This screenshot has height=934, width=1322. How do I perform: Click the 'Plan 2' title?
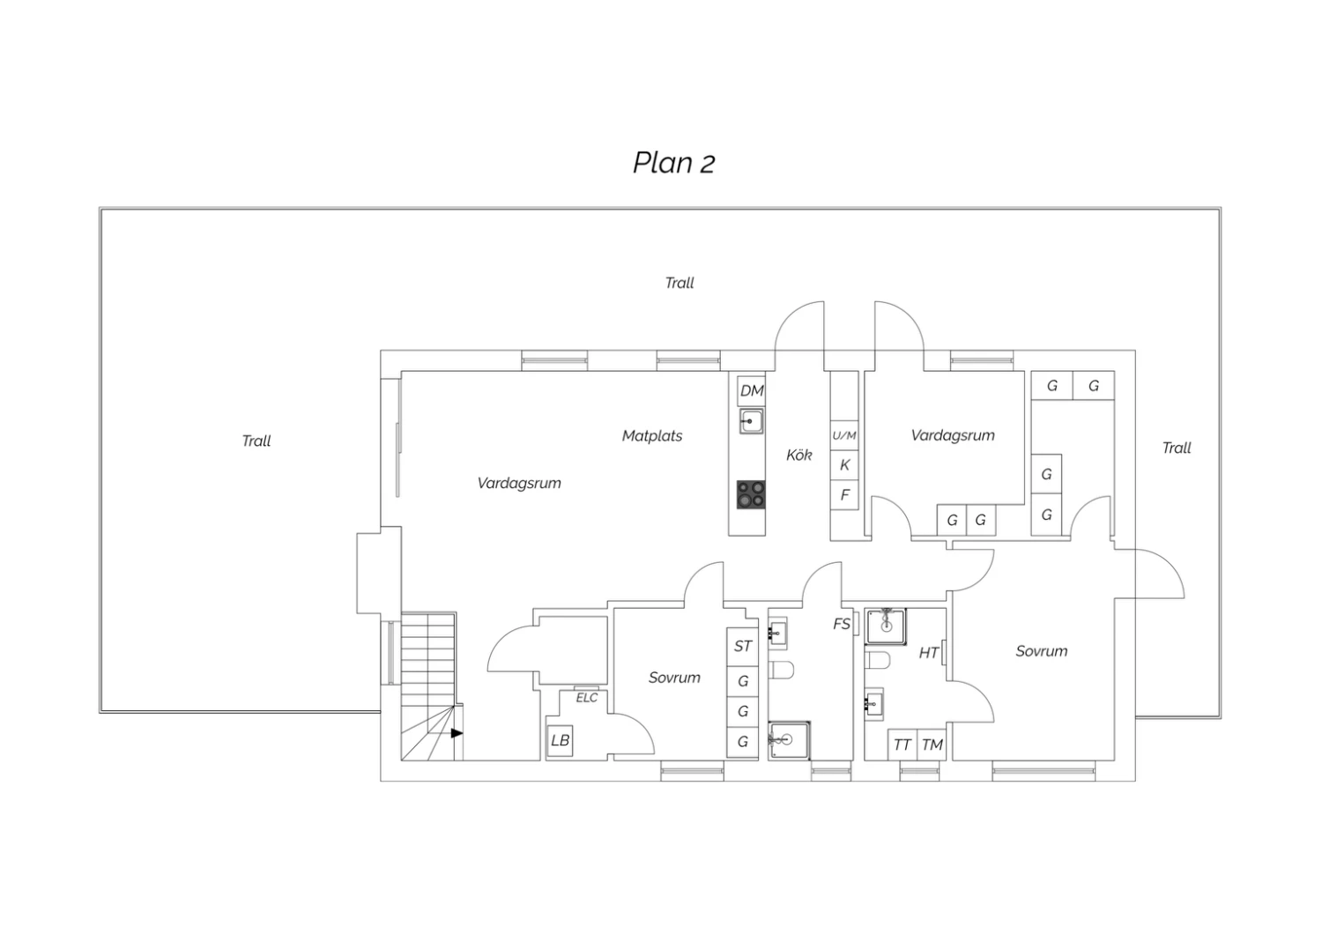[674, 163]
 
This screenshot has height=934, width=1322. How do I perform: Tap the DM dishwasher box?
[751, 390]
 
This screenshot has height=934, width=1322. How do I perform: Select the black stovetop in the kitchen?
[751, 494]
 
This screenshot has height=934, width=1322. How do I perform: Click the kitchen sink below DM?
[751, 421]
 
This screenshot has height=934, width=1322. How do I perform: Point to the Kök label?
[799, 455]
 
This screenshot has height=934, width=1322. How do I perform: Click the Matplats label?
[652, 436]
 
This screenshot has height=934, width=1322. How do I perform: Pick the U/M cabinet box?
[844, 435]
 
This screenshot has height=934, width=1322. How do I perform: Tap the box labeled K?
[844, 465]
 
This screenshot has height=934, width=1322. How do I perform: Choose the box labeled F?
[844, 494]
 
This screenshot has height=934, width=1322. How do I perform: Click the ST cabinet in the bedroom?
[742, 647]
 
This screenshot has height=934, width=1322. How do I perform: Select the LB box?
[560, 740]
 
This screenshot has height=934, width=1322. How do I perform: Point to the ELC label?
[587, 698]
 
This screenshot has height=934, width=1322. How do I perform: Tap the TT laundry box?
[902, 745]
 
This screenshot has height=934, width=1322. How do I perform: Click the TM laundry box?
[932, 745]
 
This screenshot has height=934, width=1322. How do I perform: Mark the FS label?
[842, 624]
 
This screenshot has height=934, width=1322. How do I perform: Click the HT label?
[929, 653]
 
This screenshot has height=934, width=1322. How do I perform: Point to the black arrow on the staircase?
[457, 733]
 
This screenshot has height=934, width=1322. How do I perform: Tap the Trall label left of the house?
[256, 441]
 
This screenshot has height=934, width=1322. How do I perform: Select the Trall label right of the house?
[1177, 448]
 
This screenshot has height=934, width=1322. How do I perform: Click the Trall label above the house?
[680, 283]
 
